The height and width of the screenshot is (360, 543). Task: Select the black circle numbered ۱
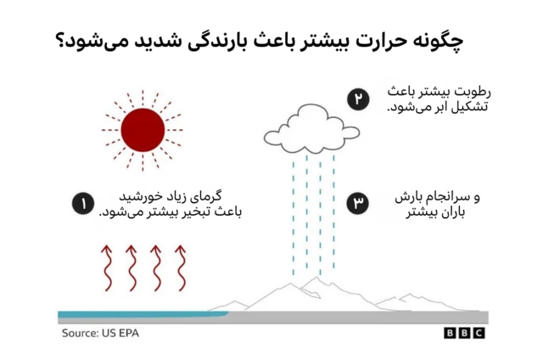click(x=82, y=204)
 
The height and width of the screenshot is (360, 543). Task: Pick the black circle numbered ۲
click(x=358, y=100)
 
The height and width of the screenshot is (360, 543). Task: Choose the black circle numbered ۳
click(x=358, y=204)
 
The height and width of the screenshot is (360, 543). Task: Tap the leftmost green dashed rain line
click(x=294, y=212)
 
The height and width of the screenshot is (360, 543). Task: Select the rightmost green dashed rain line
click(x=333, y=212)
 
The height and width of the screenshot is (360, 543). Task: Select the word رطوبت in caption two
click(x=471, y=92)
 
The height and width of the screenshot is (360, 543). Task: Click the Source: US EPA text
click(x=99, y=333)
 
